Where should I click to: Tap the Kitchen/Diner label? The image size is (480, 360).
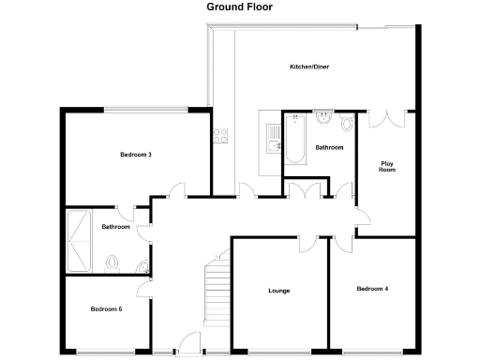click(x=309, y=67)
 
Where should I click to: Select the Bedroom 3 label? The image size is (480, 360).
click(x=136, y=154)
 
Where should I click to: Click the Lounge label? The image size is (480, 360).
click(x=278, y=291)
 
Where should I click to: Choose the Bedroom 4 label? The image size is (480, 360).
click(x=372, y=289)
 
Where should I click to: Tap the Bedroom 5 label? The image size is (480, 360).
click(x=106, y=308)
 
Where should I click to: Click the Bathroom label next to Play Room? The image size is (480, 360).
click(x=329, y=147)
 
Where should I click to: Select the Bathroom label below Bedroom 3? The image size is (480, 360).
click(x=115, y=227)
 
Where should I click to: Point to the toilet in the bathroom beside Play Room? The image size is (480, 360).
click(x=347, y=123)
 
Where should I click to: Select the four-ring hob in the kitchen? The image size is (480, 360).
click(x=222, y=135)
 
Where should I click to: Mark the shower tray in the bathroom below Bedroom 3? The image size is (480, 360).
click(x=77, y=242)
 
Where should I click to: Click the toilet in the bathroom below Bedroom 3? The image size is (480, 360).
click(x=111, y=262)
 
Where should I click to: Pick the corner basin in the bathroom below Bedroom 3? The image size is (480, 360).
click(x=142, y=270)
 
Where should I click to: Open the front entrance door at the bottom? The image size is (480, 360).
click(x=189, y=345)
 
